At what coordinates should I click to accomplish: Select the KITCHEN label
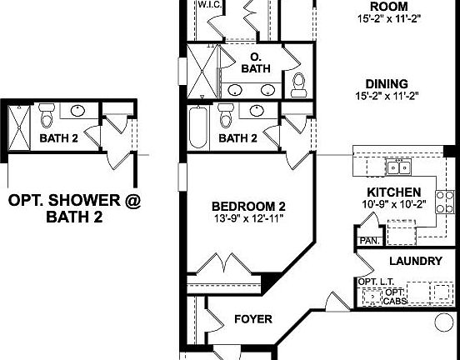pyautogui.click(x=386, y=192)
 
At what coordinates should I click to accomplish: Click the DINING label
pyautogui.click(x=386, y=83)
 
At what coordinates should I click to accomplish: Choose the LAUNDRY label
pyautogui.click(x=415, y=262)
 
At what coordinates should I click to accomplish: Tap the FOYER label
pyautogui.click(x=252, y=318)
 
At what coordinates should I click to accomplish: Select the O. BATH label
pyautogui.click(x=256, y=63)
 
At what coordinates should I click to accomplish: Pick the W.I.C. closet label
pyautogui.click(x=209, y=4)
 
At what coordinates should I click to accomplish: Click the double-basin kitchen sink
pyautogui.click(x=402, y=167)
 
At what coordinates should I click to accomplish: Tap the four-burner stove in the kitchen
pyautogui.click(x=447, y=202)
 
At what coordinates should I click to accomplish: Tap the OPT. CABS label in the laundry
pyautogui.click(x=394, y=296)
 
